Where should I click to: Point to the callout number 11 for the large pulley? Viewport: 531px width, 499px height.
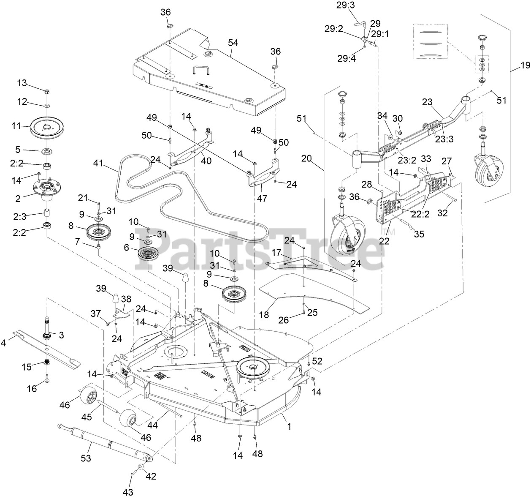point(16,126)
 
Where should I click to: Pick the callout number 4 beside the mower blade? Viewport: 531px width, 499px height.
point(4,343)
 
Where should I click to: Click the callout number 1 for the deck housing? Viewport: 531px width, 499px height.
point(289,427)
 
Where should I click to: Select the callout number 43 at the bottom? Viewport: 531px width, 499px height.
point(128,492)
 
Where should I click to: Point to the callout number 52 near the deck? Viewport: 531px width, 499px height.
point(317,361)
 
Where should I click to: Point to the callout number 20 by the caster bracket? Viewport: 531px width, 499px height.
point(307,158)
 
